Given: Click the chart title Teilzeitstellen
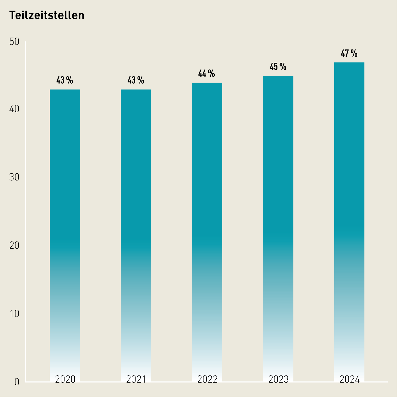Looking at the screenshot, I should pyautogui.click(x=47, y=15).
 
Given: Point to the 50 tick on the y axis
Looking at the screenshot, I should pyautogui.click(x=14, y=42).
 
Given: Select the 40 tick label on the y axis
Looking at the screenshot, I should pyautogui.click(x=14, y=109).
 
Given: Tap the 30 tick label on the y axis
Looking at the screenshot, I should pyautogui.click(x=14, y=177).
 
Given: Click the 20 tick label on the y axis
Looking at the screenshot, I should pyautogui.click(x=14, y=246).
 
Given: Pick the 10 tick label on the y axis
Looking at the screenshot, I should pyautogui.click(x=14, y=314).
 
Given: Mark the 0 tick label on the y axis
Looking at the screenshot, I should pyautogui.click(x=17, y=382).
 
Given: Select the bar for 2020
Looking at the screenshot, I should pyautogui.click(x=65, y=236).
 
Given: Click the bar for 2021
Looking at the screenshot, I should pyautogui.click(x=136, y=236).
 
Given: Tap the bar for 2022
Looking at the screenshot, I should pyautogui.click(x=207, y=232).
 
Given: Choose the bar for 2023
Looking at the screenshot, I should pyautogui.click(x=278, y=229).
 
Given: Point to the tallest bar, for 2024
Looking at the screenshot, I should pyautogui.click(x=349, y=222).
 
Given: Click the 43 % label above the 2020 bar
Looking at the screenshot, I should pyautogui.click(x=65, y=80).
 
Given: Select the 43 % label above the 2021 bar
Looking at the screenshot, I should pyautogui.click(x=136, y=80).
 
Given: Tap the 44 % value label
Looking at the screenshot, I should pyautogui.click(x=207, y=74).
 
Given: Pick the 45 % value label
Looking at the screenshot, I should pyautogui.click(x=278, y=67).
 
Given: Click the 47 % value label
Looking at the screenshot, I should pyautogui.click(x=349, y=53).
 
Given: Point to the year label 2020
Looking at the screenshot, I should pyautogui.click(x=65, y=379).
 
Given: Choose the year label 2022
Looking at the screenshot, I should pyautogui.click(x=207, y=379).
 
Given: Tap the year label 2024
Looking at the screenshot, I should pyautogui.click(x=349, y=379).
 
